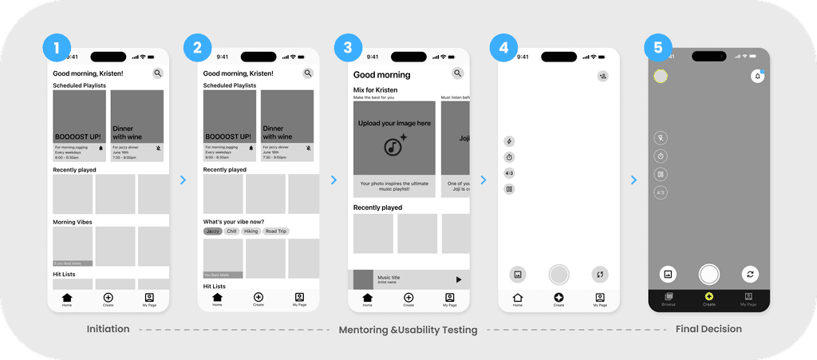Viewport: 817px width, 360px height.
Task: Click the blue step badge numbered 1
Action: (x=55, y=48)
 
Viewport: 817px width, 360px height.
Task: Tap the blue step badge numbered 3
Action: (x=347, y=48)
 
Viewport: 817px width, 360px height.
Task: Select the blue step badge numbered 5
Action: (x=657, y=48)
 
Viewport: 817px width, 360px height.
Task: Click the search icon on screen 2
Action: (x=308, y=73)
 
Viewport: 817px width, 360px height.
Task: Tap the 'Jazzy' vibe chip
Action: (x=212, y=231)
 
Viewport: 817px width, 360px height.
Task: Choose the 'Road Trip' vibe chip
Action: (x=276, y=231)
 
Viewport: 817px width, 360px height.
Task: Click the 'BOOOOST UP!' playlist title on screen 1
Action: (x=77, y=136)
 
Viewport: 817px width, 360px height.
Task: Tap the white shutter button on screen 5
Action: (x=709, y=274)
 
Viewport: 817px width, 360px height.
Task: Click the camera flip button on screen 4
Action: (x=601, y=274)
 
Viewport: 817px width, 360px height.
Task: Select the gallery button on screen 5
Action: (x=668, y=274)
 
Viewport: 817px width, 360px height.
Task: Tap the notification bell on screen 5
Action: (x=757, y=76)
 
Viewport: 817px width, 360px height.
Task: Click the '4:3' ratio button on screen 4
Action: (x=509, y=173)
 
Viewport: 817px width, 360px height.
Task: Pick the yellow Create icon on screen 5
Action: (x=709, y=296)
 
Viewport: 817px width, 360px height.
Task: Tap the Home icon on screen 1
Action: (x=67, y=297)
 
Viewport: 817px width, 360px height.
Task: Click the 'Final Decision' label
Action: (x=708, y=329)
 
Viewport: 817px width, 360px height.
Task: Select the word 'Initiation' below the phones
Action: (x=109, y=329)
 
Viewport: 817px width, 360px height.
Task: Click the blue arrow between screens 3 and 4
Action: (x=483, y=180)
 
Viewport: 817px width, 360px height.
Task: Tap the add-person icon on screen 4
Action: (x=603, y=76)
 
